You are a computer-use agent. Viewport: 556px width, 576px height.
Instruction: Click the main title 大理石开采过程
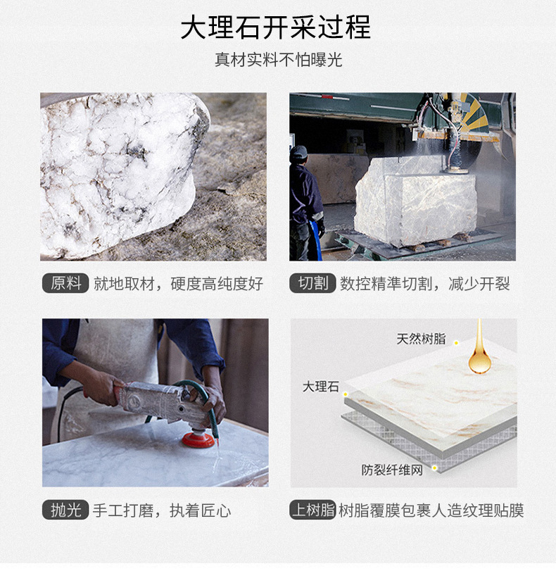click(x=275, y=27)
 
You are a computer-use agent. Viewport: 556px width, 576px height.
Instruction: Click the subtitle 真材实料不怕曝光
click(x=278, y=60)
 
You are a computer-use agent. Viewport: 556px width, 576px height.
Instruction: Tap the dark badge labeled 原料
click(x=65, y=283)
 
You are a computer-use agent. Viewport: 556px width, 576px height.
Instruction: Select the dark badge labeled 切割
click(x=312, y=283)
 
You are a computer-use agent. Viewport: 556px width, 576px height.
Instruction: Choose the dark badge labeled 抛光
click(x=65, y=510)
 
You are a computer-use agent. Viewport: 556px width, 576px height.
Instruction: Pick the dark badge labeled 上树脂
click(x=312, y=510)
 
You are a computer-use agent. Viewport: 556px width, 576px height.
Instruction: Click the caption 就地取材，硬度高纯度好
click(x=179, y=284)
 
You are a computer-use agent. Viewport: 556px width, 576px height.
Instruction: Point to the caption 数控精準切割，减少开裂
click(x=425, y=284)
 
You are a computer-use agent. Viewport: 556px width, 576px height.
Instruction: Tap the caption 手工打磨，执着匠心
click(x=162, y=511)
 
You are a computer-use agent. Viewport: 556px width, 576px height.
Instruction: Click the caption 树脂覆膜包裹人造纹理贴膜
click(x=431, y=511)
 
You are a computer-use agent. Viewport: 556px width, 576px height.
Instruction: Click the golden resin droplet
click(x=479, y=351)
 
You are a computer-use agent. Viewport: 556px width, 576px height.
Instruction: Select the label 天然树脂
click(x=421, y=339)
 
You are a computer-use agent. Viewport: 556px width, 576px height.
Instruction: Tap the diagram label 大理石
click(x=321, y=387)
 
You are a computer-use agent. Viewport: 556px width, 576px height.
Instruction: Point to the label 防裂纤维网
click(x=392, y=470)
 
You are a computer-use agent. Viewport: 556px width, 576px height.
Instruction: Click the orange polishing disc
click(x=198, y=439)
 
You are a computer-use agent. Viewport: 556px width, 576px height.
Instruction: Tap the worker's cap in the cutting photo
click(x=298, y=152)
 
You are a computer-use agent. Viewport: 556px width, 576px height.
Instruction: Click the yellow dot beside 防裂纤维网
click(x=434, y=468)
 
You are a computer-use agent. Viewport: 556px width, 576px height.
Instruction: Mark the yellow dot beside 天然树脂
click(x=456, y=343)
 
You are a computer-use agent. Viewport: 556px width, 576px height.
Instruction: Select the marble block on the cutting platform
click(x=415, y=200)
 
